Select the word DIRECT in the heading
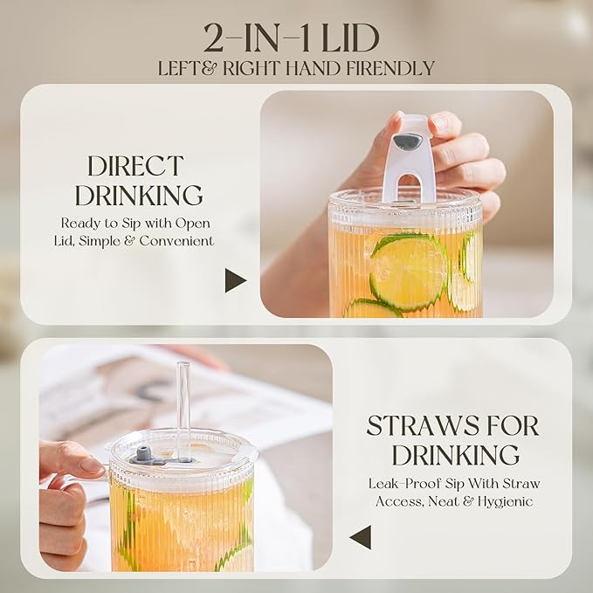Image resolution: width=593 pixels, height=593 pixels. pyautogui.click(x=135, y=166)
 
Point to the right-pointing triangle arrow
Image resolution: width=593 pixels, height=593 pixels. pyautogui.click(x=235, y=280)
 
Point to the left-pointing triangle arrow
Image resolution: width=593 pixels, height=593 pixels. pyautogui.click(x=361, y=537)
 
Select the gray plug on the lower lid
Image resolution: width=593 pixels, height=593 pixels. pyautogui.click(x=141, y=452)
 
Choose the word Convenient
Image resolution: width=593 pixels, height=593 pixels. pyautogui.click(x=176, y=241)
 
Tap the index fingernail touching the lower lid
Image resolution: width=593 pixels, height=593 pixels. pyautogui.click(x=92, y=469)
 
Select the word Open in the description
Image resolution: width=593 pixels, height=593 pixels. pyautogui.click(x=192, y=224)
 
